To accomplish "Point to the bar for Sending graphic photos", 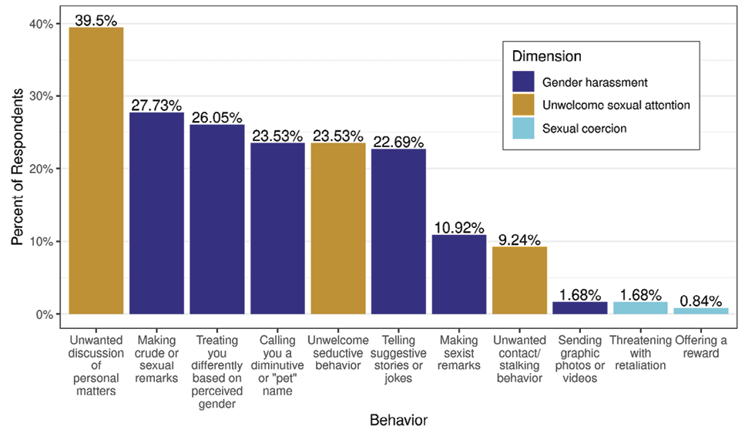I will [x=579, y=308].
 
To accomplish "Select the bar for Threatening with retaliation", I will [x=640, y=308].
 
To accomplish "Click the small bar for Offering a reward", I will [x=700, y=310].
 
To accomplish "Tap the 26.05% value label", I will [x=216, y=117].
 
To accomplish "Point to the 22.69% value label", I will [x=398, y=142].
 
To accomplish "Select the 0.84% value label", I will [x=700, y=299].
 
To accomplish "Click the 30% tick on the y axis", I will [x=42, y=96].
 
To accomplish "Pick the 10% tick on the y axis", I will [x=42, y=242].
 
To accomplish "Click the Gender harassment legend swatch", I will [x=522, y=82].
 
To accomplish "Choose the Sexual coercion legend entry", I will [x=584, y=129].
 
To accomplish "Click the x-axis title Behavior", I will [x=398, y=420].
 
